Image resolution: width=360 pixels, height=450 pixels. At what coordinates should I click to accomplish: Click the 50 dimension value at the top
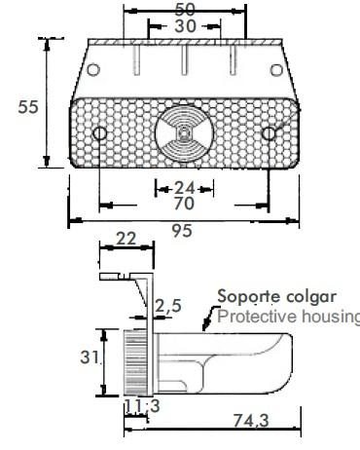(x=185, y=10)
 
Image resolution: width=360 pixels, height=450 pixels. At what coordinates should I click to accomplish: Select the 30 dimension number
(x=185, y=26)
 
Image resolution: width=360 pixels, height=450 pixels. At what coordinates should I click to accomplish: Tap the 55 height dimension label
(x=28, y=107)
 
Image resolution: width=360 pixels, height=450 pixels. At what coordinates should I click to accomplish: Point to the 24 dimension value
(x=185, y=188)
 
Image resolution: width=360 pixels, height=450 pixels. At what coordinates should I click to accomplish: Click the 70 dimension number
(x=184, y=204)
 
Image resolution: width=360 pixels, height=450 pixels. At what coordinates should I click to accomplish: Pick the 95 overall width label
(x=182, y=231)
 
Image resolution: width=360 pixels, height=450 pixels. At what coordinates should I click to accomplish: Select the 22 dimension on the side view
(x=126, y=239)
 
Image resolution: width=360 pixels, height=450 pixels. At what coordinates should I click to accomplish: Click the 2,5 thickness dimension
(x=168, y=306)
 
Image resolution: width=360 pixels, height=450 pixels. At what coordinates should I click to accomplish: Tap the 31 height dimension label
(x=90, y=357)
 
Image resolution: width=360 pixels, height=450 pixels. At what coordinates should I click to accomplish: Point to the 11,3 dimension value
(x=142, y=406)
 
